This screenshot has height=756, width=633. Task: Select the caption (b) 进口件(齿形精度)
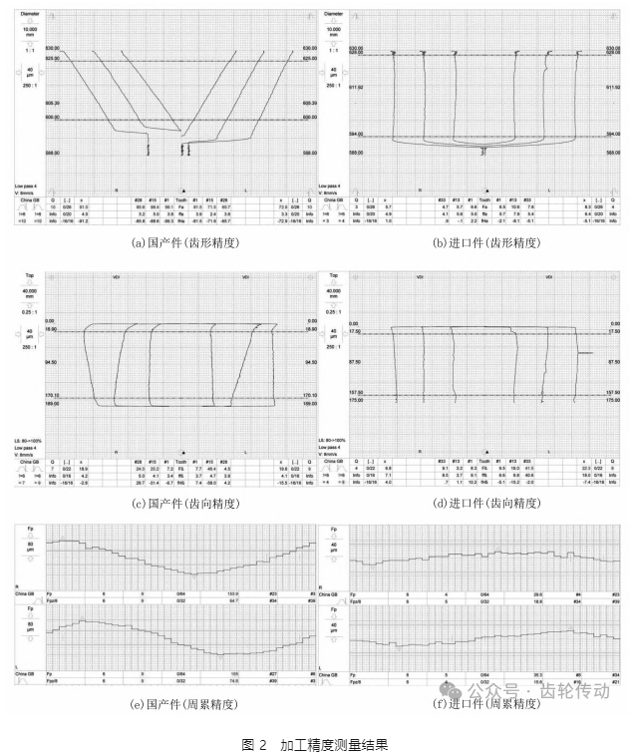coord(482,242)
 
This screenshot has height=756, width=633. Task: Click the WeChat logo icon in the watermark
coord(451,690)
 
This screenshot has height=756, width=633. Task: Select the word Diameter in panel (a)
coord(27,14)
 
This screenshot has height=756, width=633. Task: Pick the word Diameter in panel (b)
coord(333,14)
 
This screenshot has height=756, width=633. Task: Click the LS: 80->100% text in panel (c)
coord(28,440)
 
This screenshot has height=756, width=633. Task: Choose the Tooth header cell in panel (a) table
coord(181,199)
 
